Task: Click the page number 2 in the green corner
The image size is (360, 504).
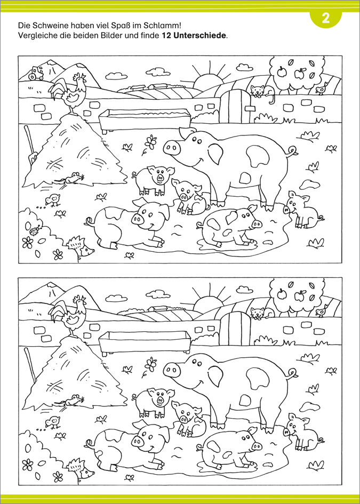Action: point(326,18)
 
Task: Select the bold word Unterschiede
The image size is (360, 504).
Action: point(198,35)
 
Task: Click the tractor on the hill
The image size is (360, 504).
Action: point(36,73)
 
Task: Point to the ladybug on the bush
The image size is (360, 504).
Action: point(34,229)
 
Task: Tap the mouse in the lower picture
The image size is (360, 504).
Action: point(73,400)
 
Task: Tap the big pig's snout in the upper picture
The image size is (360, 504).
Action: point(172,148)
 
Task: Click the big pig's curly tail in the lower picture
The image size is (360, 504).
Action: point(293,372)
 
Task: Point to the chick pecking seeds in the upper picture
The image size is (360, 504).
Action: point(52,200)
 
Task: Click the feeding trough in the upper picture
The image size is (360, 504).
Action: point(145,120)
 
